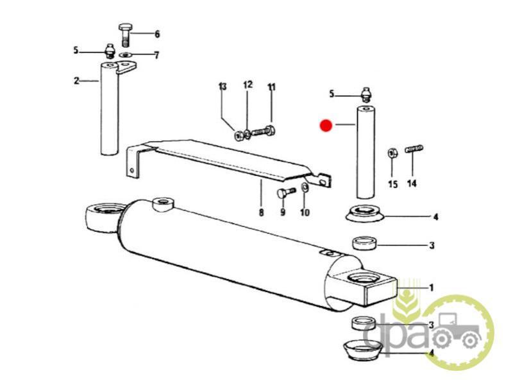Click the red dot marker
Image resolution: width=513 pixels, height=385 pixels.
click(x=326, y=125)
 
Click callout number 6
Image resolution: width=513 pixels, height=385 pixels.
click(x=157, y=34)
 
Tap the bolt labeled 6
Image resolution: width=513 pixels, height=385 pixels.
click(x=124, y=35)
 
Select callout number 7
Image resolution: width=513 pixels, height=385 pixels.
click(x=156, y=55)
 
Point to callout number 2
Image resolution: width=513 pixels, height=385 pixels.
click(x=76, y=81)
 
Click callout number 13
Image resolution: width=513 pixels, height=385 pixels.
click(x=223, y=87)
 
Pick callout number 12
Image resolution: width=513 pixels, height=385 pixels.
click(x=248, y=85)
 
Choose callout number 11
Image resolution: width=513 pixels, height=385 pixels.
click(x=271, y=87)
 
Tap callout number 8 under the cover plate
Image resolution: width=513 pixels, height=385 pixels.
click(x=261, y=212)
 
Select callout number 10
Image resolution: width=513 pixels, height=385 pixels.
click(x=305, y=212)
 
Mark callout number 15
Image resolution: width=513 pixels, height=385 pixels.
click(x=392, y=184)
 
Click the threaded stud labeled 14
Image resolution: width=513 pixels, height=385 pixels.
click(x=414, y=149)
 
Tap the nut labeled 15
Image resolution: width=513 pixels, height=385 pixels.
click(x=392, y=153)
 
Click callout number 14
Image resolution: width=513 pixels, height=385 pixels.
click(x=412, y=184)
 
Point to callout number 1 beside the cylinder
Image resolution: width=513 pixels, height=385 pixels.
click(x=431, y=287)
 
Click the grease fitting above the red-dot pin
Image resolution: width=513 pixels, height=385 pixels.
click(x=366, y=95)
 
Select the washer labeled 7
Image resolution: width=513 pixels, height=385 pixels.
click(x=125, y=55)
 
